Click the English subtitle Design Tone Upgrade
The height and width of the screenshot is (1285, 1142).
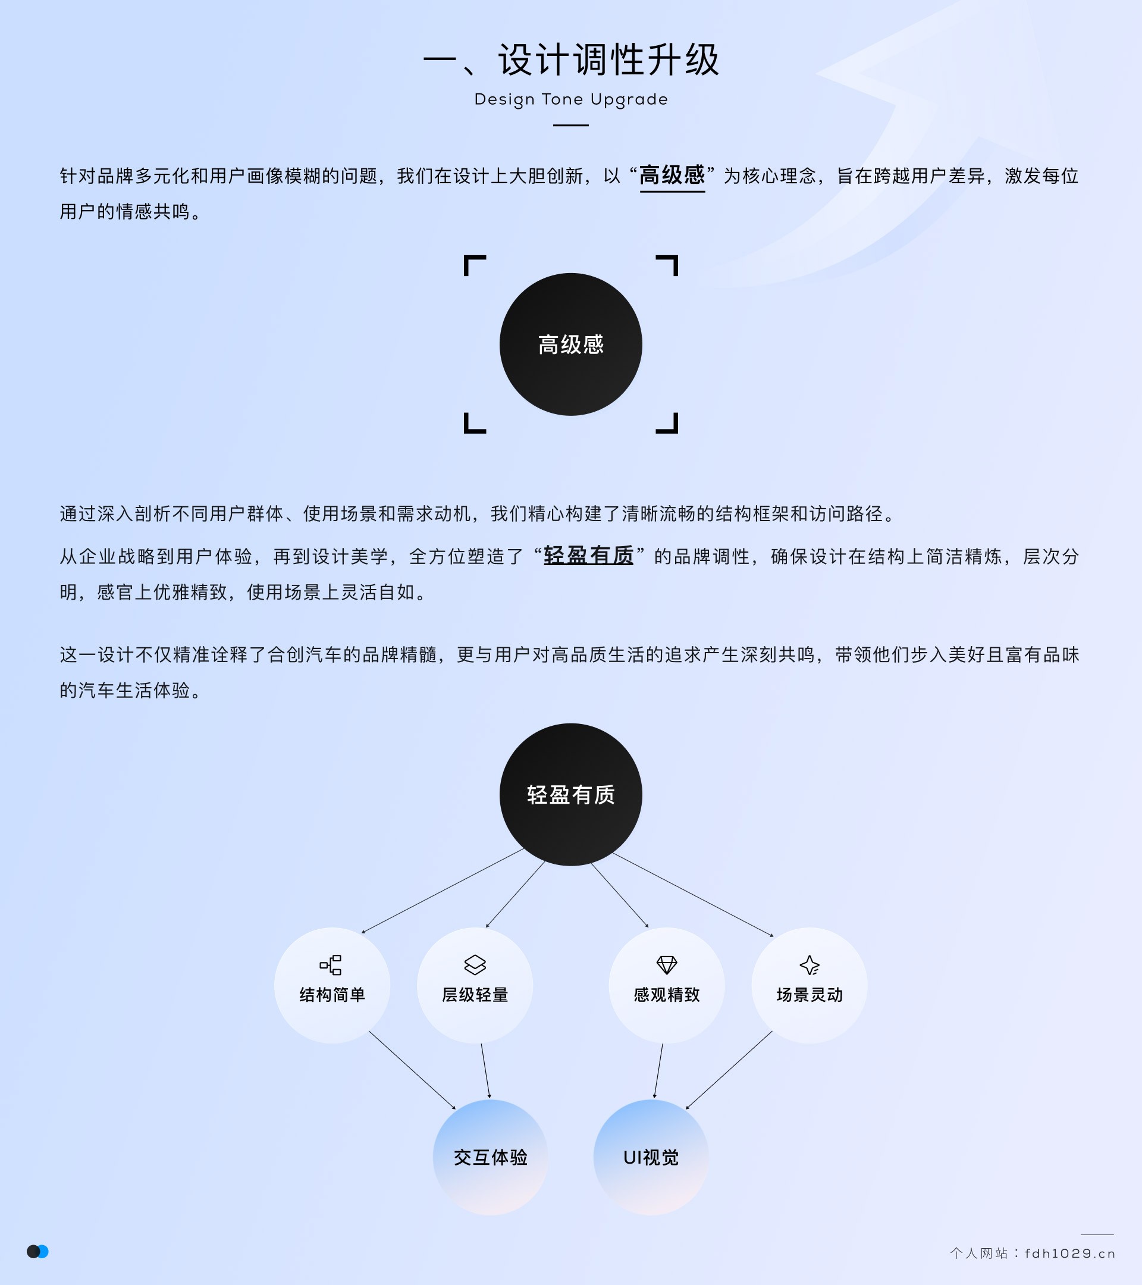[570, 99]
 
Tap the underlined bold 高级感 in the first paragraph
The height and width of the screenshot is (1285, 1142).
[672, 175]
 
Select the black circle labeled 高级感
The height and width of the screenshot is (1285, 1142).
[570, 344]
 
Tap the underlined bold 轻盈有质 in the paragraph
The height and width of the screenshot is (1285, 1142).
[588, 556]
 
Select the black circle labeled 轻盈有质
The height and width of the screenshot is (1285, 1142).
[570, 794]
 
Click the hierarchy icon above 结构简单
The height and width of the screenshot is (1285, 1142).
[331, 965]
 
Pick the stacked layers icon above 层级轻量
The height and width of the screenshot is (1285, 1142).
[475, 965]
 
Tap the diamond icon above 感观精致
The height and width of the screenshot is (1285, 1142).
[667, 965]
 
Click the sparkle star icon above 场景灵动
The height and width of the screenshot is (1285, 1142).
[810, 965]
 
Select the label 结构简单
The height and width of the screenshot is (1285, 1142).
[332, 995]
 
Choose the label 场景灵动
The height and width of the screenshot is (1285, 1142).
[810, 995]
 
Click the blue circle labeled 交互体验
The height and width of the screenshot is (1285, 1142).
[490, 1156]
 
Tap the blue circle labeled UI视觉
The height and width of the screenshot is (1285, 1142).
[651, 1156]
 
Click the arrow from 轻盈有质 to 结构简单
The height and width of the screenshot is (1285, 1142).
[443, 890]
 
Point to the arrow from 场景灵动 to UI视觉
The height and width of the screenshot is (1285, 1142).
[729, 1070]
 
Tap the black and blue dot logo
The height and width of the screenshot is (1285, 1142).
[37, 1252]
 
